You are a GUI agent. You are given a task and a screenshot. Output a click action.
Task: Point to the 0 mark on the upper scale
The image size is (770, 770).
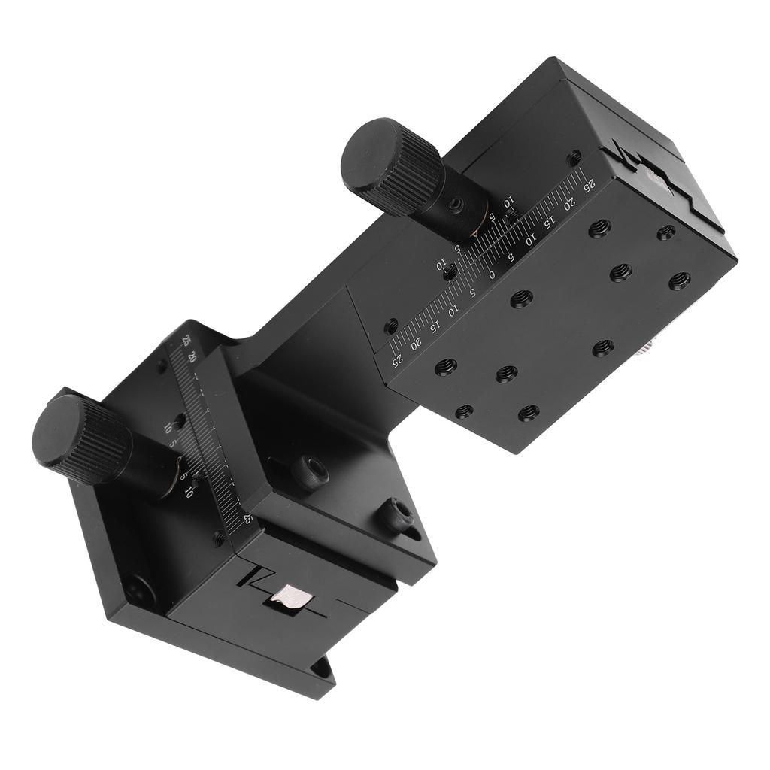point(493,275)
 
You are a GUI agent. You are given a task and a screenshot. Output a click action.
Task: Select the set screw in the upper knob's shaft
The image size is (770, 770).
point(456,204)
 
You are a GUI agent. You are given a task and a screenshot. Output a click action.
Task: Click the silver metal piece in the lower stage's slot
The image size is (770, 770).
point(293,598)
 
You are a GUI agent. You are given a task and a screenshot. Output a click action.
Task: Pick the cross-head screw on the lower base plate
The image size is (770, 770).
point(139,590)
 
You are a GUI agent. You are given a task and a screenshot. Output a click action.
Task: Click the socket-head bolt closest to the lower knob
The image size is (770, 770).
point(310,471)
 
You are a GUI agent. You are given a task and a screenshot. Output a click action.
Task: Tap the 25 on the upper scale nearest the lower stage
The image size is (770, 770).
point(396,360)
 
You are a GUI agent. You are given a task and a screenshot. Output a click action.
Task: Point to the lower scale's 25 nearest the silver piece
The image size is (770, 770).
point(247,518)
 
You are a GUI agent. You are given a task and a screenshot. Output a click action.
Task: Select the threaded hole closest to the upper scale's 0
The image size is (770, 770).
point(522,299)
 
